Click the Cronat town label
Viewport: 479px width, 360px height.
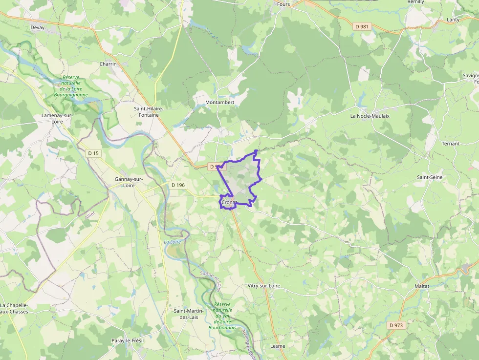229,202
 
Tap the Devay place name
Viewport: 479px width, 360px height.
38,28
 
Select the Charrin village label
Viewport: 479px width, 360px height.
108,64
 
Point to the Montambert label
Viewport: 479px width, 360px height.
220,103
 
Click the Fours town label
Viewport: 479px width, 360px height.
283,4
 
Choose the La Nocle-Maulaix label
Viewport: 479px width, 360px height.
370,116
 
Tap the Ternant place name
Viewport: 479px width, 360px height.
451,144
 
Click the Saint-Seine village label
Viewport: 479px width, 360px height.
430,177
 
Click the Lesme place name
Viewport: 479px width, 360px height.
278,346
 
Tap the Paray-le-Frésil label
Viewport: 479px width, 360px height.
126,340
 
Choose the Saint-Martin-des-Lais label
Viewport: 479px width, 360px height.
186,314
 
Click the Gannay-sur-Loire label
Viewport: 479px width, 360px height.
129,182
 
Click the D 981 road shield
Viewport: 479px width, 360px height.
362,26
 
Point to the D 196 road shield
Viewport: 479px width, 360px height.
179,185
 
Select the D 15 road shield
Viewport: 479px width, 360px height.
93,153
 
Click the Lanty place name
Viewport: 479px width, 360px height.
453,20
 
